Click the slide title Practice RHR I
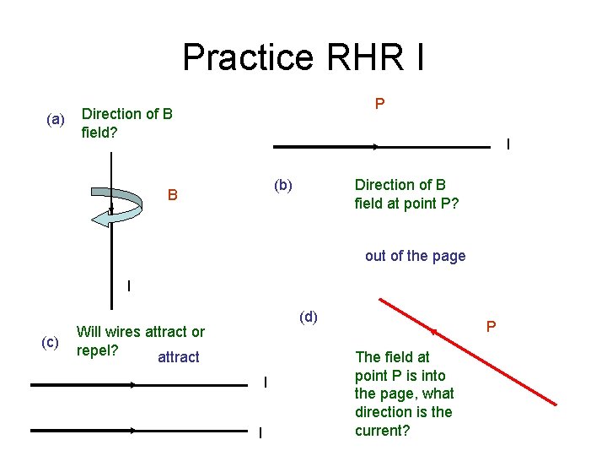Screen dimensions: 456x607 click(x=303, y=57)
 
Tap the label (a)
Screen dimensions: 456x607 click(x=55, y=120)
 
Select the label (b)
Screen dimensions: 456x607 click(x=282, y=185)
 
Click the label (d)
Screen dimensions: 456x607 click(x=309, y=317)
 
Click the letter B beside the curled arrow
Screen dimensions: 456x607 click(x=172, y=195)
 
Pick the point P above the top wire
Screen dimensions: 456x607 click(x=380, y=104)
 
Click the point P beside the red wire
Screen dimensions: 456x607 click(x=491, y=326)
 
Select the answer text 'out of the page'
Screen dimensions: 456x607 click(x=415, y=256)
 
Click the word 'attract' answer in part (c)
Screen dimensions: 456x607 click(x=179, y=357)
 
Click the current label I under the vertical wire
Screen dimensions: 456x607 click(x=128, y=285)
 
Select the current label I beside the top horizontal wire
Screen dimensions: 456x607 click(x=508, y=144)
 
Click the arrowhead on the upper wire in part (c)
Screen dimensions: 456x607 click(x=134, y=385)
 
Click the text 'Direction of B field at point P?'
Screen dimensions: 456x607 click(x=406, y=194)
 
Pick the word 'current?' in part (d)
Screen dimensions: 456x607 click(x=383, y=431)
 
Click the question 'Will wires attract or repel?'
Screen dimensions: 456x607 click(x=140, y=340)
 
